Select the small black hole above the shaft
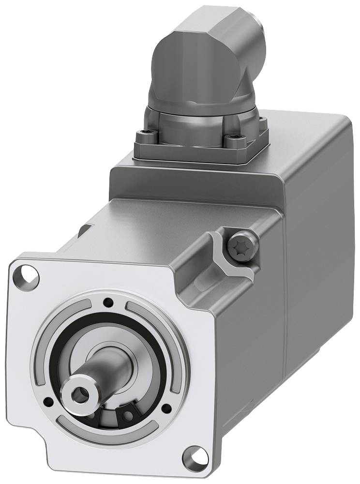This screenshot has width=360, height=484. [x=108, y=303]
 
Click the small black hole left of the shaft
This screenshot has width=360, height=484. [x=48, y=401]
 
